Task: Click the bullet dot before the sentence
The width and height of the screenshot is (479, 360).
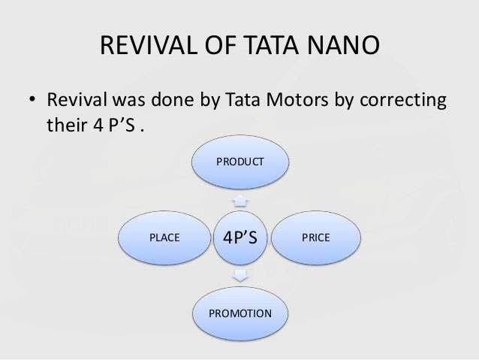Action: pyautogui.click(x=32, y=101)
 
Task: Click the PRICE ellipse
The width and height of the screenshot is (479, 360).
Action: pyautogui.click(x=315, y=237)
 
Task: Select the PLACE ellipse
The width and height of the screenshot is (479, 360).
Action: pyautogui.click(x=164, y=237)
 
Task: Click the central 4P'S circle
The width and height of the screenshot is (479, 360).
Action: pyautogui.click(x=239, y=238)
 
